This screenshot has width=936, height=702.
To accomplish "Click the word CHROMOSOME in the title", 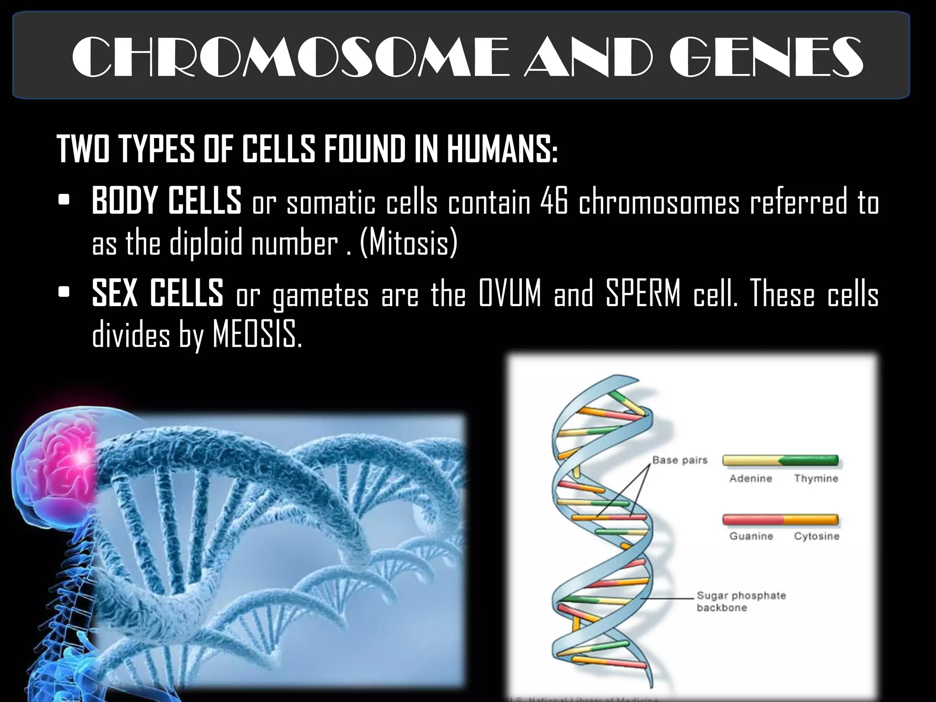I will pyautogui.click(x=290, y=57).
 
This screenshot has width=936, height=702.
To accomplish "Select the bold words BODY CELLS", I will pyautogui.click(x=166, y=201).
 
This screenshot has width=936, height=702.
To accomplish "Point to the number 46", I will pyautogui.click(x=553, y=202).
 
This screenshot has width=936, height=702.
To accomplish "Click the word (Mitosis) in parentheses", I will pyautogui.click(x=409, y=243).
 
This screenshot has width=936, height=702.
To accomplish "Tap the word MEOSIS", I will pyautogui.click(x=257, y=335).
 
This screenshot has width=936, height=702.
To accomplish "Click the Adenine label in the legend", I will pyautogui.click(x=750, y=479).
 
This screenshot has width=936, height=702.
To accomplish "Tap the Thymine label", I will pyautogui.click(x=816, y=479).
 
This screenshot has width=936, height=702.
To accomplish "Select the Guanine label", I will pyautogui.click(x=751, y=536).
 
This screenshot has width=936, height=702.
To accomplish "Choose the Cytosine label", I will pyautogui.click(x=816, y=536).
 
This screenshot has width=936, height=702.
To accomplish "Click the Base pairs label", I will pyautogui.click(x=680, y=460).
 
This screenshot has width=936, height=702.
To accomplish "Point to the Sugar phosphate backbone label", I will pyautogui.click(x=740, y=601).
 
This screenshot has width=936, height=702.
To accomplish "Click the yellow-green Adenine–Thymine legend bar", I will pyautogui.click(x=780, y=461).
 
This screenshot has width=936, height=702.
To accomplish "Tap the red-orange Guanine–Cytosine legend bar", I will pyautogui.click(x=780, y=520).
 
